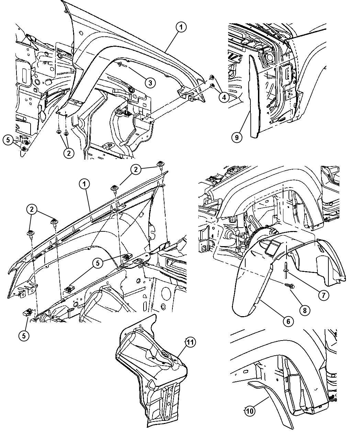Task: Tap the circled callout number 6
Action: (288, 321)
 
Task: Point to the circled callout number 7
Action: (324, 295)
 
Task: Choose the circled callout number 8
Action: (305, 310)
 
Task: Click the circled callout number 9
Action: (237, 137)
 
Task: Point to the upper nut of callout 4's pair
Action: (212, 78)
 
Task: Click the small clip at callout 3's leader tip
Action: (120, 65)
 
